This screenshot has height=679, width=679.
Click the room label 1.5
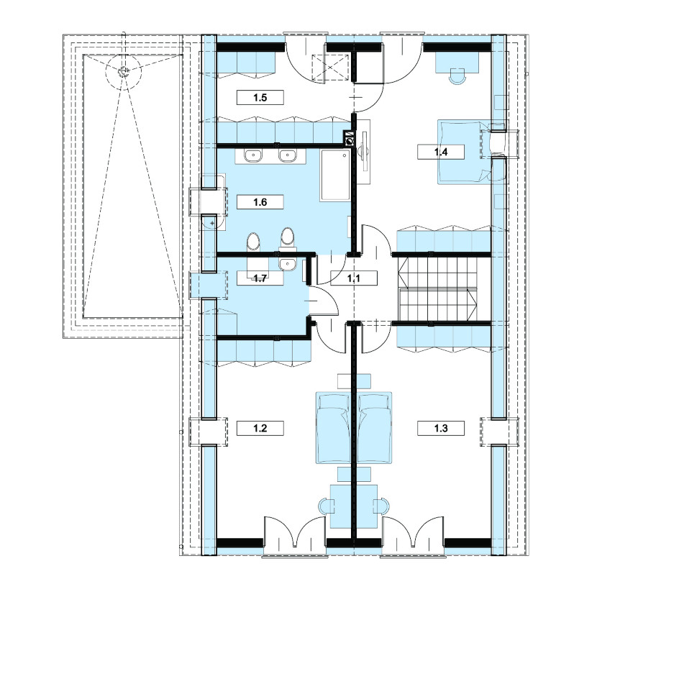click(x=260, y=97)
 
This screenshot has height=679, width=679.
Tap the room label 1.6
click(x=260, y=202)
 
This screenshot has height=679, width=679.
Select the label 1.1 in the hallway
click(x=354, y=278)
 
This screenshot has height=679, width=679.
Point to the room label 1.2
click(x=260, y=428)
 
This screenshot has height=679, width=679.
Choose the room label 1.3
click(x=441, y=428)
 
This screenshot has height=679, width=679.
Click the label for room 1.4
click(x=441, y=152)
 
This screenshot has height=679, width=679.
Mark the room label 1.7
click(x=260, y=278)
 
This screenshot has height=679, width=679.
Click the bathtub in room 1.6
click(x=335, y=176)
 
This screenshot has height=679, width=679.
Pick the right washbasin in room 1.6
click(x=286, y=155)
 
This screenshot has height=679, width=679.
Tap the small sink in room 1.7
click(x=286, y=263)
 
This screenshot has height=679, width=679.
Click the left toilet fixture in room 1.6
click(x=253, y=242)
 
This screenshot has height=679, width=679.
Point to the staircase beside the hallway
click(x=438, y=288)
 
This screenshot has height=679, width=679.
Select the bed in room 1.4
click(x=463, y=152)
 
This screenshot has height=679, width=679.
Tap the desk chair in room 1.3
click(x=381, y=506)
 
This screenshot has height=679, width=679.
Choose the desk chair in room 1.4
click(x=458, y=76)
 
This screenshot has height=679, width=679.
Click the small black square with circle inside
click(x=349, y=140)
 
